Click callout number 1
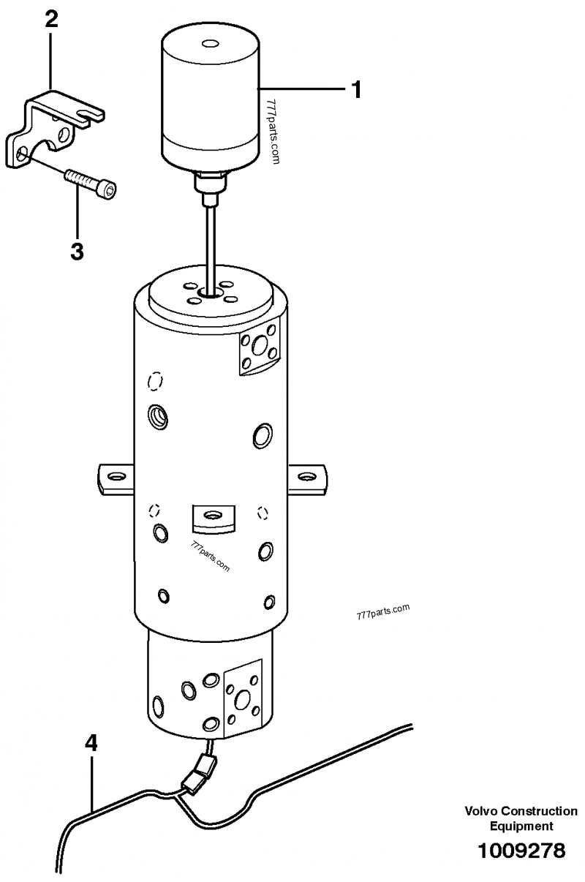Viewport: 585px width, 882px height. click(356, 90)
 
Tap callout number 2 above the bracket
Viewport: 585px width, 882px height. click(52, 18)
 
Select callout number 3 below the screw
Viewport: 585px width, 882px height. click(77, 251)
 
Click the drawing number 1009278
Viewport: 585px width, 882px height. click(521, 851)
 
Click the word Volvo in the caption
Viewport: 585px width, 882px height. click(482, 811)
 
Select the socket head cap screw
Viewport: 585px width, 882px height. click(91, 183)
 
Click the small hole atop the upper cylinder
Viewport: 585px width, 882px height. click(208, 43)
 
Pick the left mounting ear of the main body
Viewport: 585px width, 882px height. click(116, 478)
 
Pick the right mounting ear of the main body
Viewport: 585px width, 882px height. click(307, 479)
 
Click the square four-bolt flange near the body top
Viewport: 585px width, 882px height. click(260, 346)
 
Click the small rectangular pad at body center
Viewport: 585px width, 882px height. click(213, 519)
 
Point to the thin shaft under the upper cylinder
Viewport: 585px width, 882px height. click(211, 247)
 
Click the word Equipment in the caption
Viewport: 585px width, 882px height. click(521, 826)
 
